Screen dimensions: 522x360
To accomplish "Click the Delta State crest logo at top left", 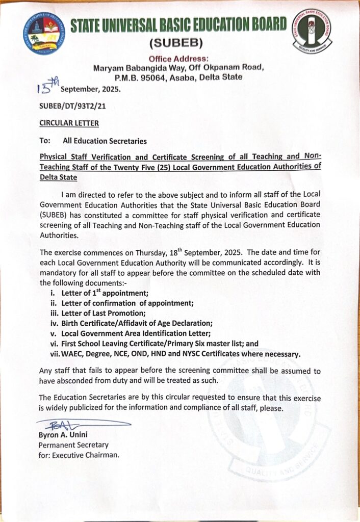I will pos(44,34).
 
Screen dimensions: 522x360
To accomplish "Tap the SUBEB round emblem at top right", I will pos(311,31).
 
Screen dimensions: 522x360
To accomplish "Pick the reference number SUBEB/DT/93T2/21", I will pos(72,106).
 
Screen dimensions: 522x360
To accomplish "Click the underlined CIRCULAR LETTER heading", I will pos(69,123).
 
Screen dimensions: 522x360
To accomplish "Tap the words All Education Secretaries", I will pos(105,141).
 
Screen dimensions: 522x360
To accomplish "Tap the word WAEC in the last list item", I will pos(73,353).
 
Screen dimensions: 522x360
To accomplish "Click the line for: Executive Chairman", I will pos(79,455).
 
